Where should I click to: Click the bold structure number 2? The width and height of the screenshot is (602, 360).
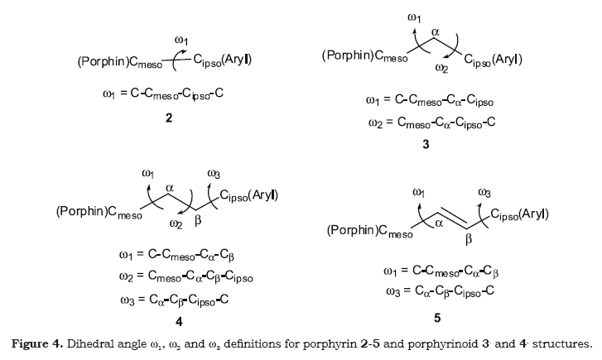[168, 120]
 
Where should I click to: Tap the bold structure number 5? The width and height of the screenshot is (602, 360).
[437, 317]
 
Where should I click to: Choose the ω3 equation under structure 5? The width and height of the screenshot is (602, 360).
[441, 290]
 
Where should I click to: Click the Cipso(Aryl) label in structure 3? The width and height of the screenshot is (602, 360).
[493, 60]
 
